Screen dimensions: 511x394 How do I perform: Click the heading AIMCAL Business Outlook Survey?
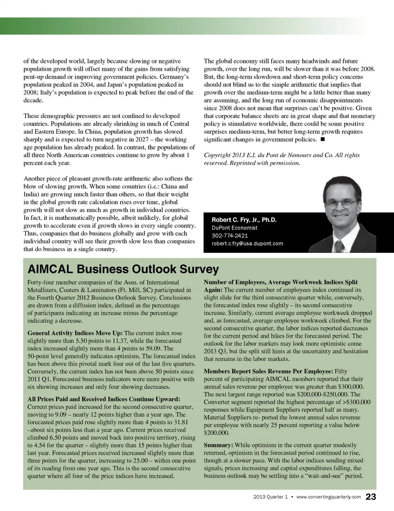pyautogui.click(x=123, y=269)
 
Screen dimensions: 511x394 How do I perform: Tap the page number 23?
pyautogui.click(x=371, y=497)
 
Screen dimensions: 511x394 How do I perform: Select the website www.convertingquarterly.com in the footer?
pyautogui.click(x=328, y=497)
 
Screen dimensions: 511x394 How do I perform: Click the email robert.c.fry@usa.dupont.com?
pyautogui.click(x=247, y=243)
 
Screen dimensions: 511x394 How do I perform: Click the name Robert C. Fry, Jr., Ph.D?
pyautogui.click(x=244, y=220)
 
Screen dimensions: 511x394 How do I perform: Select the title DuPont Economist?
pyautogui.click(x=234, y=228)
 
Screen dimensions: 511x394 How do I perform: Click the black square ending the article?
pyautogui.click(x=322, y=140)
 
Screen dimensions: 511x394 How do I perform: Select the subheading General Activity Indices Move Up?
pyautogui.click(x=75, y=333)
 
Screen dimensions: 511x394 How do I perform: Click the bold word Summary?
pyautogui.click(x=218, y=445)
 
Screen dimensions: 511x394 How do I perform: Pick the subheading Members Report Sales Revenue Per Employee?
pyautogui.click(x=268, y=371)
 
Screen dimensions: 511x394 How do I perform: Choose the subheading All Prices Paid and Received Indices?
pyautogui.click(x=103, y=399)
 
